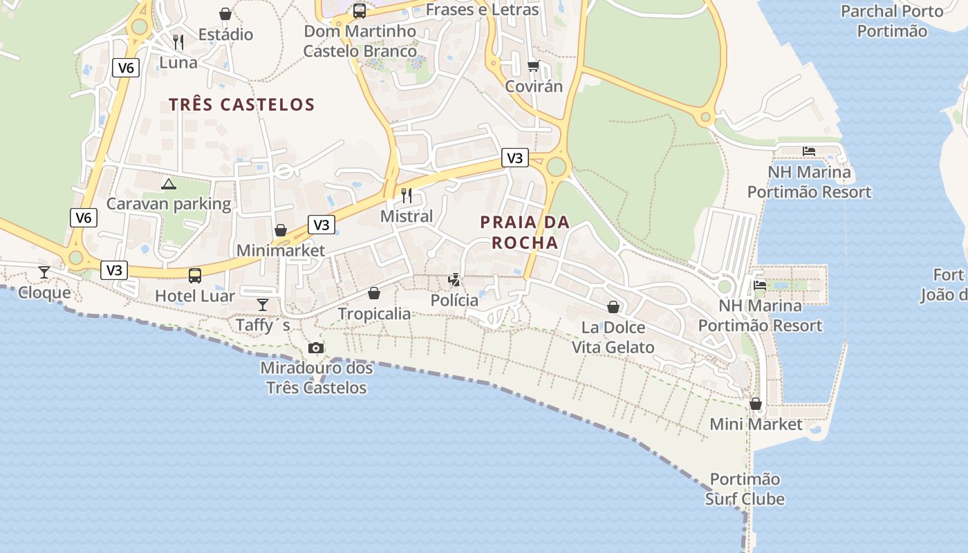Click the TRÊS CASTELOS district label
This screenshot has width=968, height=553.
point(241,104)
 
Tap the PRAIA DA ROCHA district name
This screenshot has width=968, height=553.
point(524,232)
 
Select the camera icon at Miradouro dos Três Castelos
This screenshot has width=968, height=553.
point(316,348)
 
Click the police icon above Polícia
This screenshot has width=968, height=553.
point(454,280)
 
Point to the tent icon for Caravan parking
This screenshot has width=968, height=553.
point(168,184)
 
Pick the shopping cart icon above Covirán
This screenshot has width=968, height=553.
point(533,66)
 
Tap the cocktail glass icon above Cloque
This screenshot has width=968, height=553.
point(44,272)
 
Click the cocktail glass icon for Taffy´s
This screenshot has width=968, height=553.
point(263,304)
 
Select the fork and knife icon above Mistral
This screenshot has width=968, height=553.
point(407,196)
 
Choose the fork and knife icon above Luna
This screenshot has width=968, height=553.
point(178,41)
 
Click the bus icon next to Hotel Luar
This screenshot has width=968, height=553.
point(195,276)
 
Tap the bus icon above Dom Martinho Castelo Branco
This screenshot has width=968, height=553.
point(360,11)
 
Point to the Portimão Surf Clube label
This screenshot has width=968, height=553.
point(745,489)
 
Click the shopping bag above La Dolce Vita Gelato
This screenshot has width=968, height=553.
point(613,307)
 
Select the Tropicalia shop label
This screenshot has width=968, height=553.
point(374,314)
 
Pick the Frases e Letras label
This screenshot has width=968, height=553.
point(482,10)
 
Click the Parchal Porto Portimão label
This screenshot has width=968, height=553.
point(891,21)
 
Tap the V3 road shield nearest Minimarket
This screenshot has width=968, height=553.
point(322,225)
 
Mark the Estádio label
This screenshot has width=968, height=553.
point(225,34)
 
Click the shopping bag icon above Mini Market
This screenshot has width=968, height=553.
point(756,404)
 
